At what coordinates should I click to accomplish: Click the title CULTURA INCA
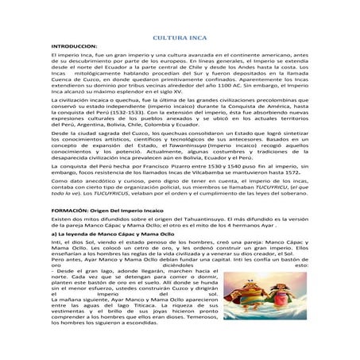179,37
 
